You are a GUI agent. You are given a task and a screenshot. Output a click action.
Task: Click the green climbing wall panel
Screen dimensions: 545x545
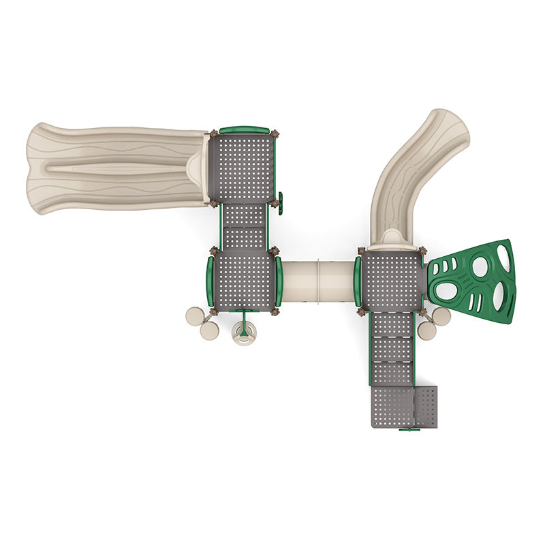(473, 281)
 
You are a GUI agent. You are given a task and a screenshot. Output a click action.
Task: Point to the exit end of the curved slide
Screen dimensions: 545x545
(446, 129)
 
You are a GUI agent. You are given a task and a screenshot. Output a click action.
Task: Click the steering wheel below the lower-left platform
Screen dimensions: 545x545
(243, 333)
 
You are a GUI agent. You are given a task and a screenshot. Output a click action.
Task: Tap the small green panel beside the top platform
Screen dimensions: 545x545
(279, 202)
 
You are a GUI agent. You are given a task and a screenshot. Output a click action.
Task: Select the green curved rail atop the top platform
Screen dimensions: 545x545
(244, 129)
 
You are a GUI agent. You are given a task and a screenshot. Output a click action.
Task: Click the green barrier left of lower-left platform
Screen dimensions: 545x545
(210, 281)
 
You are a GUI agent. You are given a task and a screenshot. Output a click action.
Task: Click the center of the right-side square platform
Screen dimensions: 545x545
(391, 281)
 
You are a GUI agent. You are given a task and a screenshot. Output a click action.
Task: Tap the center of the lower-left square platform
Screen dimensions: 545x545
(244, 281)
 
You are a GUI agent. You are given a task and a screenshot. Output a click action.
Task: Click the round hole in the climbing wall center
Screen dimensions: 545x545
(480, 267)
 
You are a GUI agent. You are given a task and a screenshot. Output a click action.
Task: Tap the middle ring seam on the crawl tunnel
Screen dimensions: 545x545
(320, 281)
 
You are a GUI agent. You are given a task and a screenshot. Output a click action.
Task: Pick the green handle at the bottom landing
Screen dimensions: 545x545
(409, 429)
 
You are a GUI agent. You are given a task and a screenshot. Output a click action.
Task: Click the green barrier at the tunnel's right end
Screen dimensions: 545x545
(358, 281)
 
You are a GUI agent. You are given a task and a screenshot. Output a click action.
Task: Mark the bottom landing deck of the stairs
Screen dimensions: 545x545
(393, 407)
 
